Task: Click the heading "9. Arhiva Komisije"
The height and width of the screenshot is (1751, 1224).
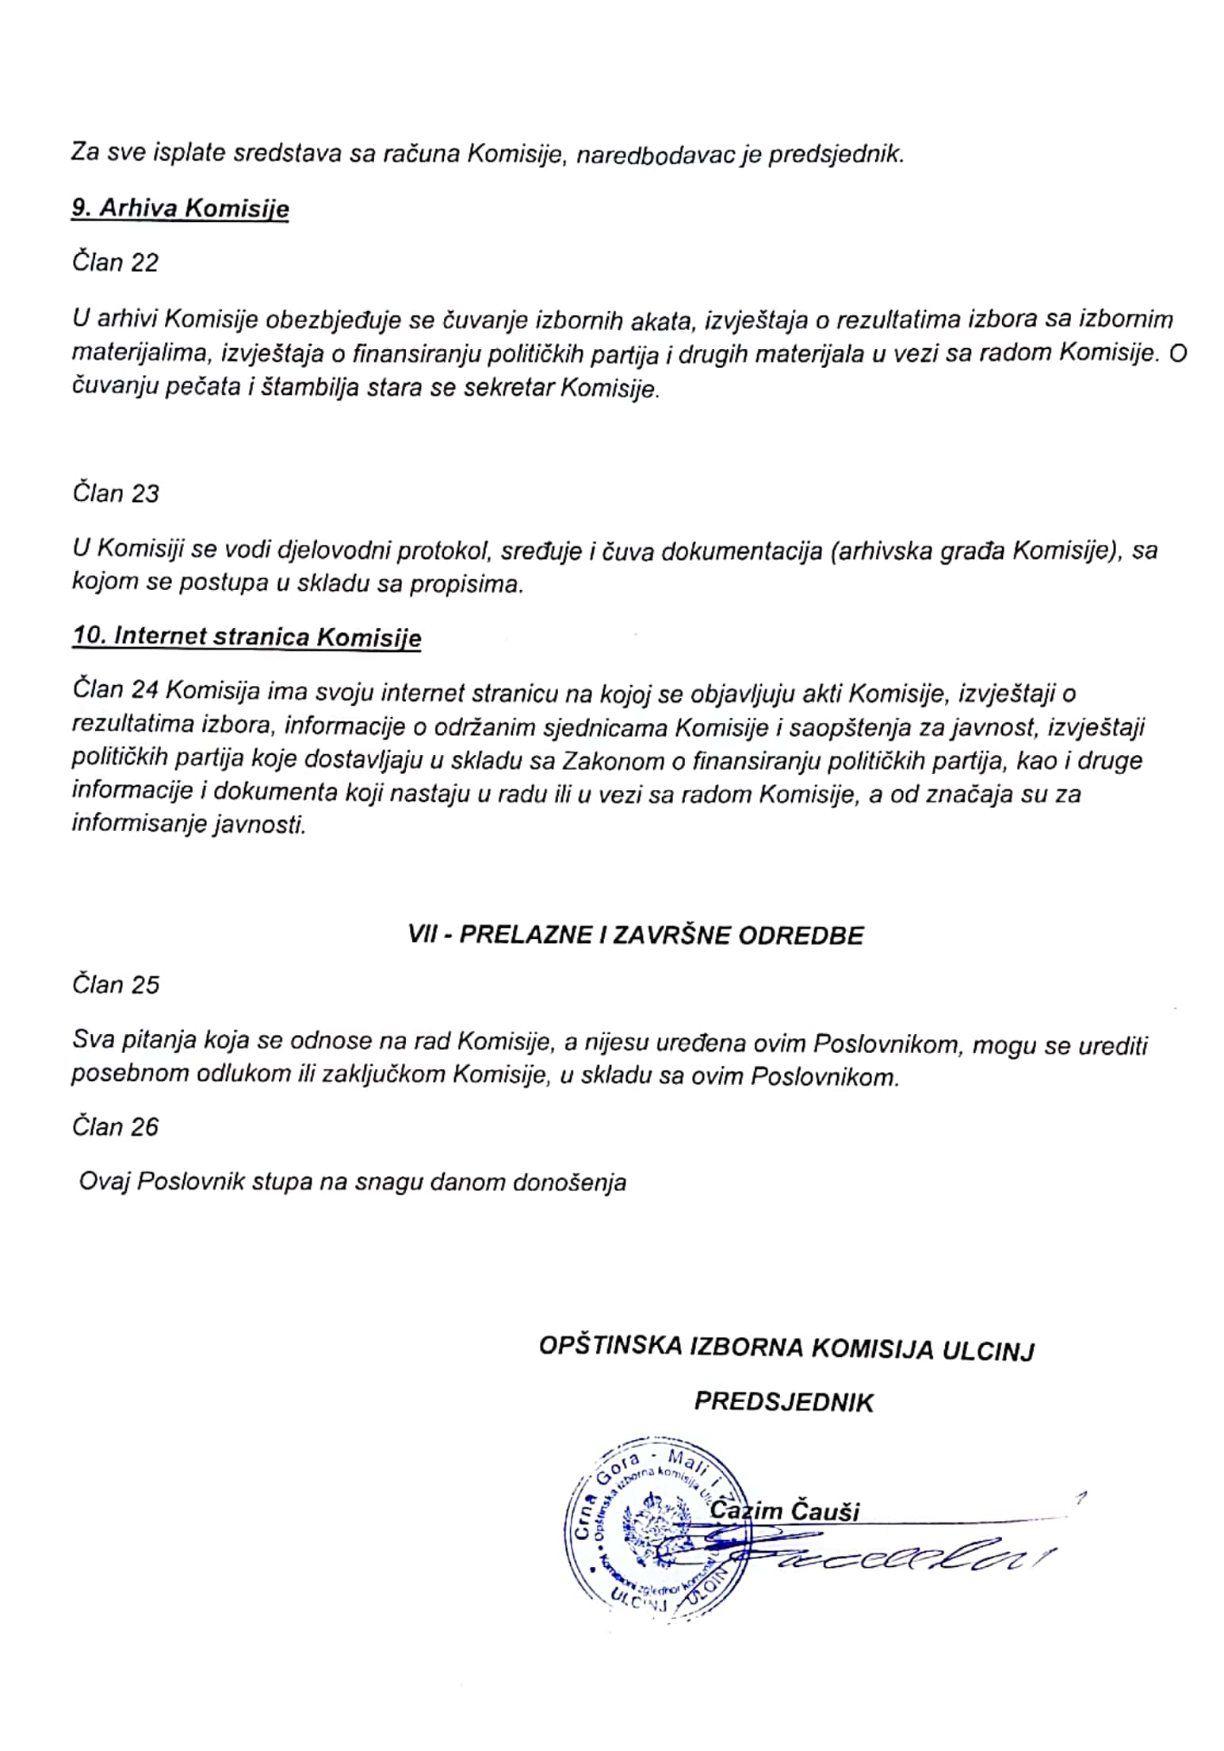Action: (x=180, y=209)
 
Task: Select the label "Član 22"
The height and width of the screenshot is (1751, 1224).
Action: (x=116, y=262)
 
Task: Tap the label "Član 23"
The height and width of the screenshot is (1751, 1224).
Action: (x=116, y=493)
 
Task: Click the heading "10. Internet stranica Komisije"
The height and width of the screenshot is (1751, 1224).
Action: (x=247, y=637)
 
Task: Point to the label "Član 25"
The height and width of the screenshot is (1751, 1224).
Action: (x=116, y=984)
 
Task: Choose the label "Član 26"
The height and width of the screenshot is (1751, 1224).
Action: (x=116, y=1127)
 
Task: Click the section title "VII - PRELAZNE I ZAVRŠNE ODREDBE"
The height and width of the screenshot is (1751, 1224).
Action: (x=635, y=935)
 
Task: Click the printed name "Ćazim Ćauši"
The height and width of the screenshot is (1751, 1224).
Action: (x=785, y=1512)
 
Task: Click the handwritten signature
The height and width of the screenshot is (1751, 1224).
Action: (x=896, y=1559)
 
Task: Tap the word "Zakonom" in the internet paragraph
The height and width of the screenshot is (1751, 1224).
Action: (x=602, y=761)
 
